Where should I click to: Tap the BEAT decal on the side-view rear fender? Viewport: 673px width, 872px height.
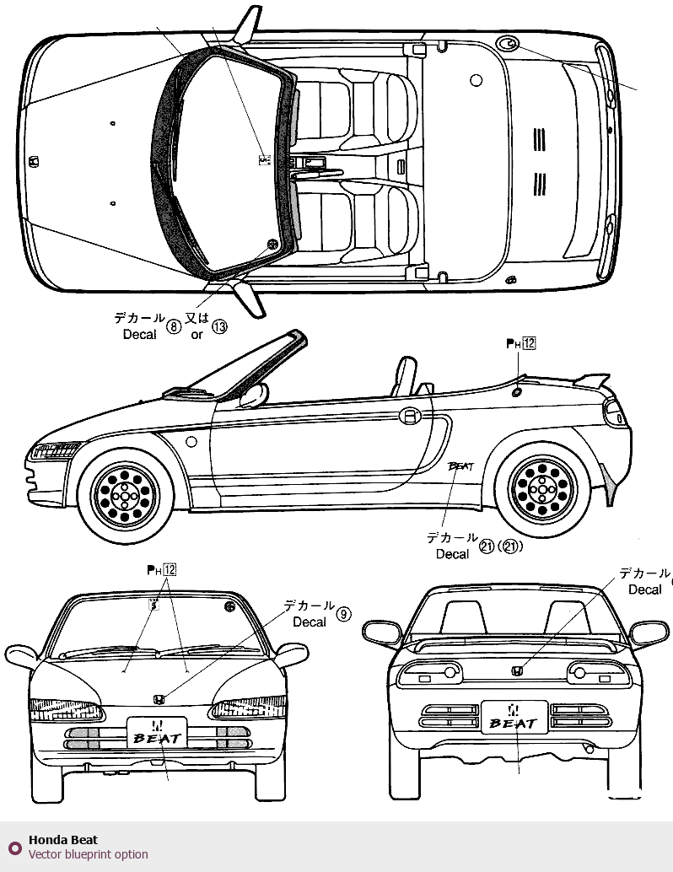[x=460, y=465]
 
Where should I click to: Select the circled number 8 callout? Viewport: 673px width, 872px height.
[x=174, y=326]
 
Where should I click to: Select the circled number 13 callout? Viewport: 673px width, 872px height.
[x=219, y=326]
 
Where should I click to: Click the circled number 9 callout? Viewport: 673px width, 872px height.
[x=343, y=614]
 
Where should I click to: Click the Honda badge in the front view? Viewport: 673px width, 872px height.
[x=158, y=699]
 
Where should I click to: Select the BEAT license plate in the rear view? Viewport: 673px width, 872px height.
[x=514, y=718]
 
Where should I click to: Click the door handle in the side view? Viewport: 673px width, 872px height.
[x=409, y=415]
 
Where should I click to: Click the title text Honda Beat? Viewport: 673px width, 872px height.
[x=63, y=840]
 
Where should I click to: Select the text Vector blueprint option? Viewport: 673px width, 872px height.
[x=88, y=854]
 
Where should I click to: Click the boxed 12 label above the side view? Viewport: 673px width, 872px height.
[x=529, y=343]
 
